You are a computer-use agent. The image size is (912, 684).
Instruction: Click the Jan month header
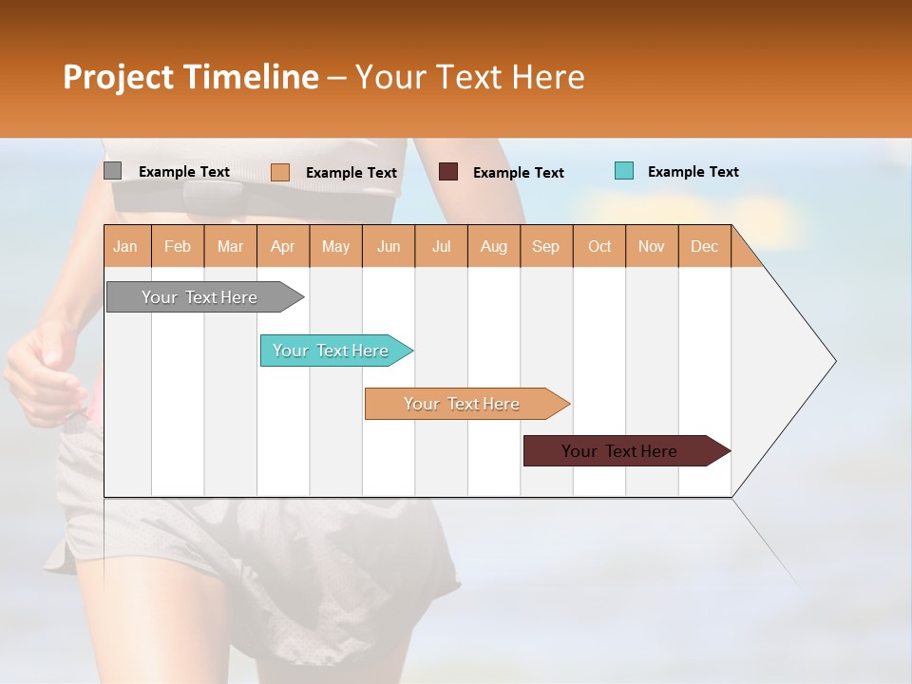pyautogui.click(x=125, y=246)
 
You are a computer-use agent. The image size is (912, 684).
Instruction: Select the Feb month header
pyautogui.click(x=178, y=246)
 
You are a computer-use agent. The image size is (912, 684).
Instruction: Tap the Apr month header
pyautogui.click(x=282, y=246)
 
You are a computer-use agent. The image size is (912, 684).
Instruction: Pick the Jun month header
pyautogui.click(x=389, y=246)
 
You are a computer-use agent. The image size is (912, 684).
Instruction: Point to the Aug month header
pyautogui.click(x=493, y=246)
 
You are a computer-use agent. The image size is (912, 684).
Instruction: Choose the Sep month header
pyautogui.click(x=545, y=246)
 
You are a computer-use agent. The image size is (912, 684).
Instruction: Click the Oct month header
pyautogui.click(x=599, y=246)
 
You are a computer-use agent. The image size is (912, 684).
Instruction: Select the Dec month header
pyautogui.click(x=704, y=246)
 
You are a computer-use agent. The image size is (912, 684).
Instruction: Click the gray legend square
pyautogui.click(x=112, y=171)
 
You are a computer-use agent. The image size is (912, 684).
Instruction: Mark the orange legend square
pyautogui.click(x=279, y=172)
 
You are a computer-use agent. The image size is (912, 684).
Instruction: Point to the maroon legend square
pyautogui.click(x=448, y=172)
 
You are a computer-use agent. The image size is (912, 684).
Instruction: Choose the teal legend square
pyautogui.click(x=623, y=171)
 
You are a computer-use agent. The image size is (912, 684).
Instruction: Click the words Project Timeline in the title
pyautogui.click(x=190, y=77)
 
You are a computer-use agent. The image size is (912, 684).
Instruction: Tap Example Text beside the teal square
pyautogui.click(x=693, y=172)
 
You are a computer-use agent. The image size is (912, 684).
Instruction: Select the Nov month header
pyautogui.click(x=651, y=246)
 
